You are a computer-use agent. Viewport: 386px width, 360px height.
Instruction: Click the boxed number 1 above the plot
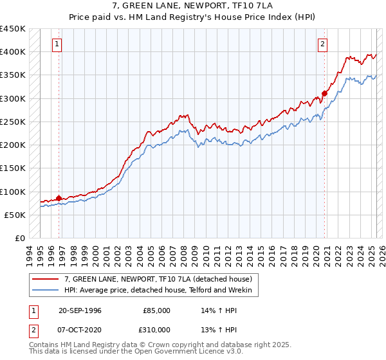click(x=58, y=44)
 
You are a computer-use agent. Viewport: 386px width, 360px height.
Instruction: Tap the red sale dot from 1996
click(x=59, y=198)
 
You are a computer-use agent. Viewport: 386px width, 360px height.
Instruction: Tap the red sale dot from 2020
click(x=325, y=93)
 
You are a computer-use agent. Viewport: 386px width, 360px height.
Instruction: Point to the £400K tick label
click(x=13, y=52)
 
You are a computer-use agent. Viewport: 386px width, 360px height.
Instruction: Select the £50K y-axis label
click(x=15, y=215)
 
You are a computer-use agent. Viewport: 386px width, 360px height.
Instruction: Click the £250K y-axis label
click(x=13, y=122)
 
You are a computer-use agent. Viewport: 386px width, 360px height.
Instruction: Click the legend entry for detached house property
click(x=161, y=279)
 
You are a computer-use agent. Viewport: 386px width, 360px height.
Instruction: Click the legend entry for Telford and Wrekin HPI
click(x=161, y=290)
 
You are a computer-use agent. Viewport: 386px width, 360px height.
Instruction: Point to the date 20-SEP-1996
click(x=80, y=310)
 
